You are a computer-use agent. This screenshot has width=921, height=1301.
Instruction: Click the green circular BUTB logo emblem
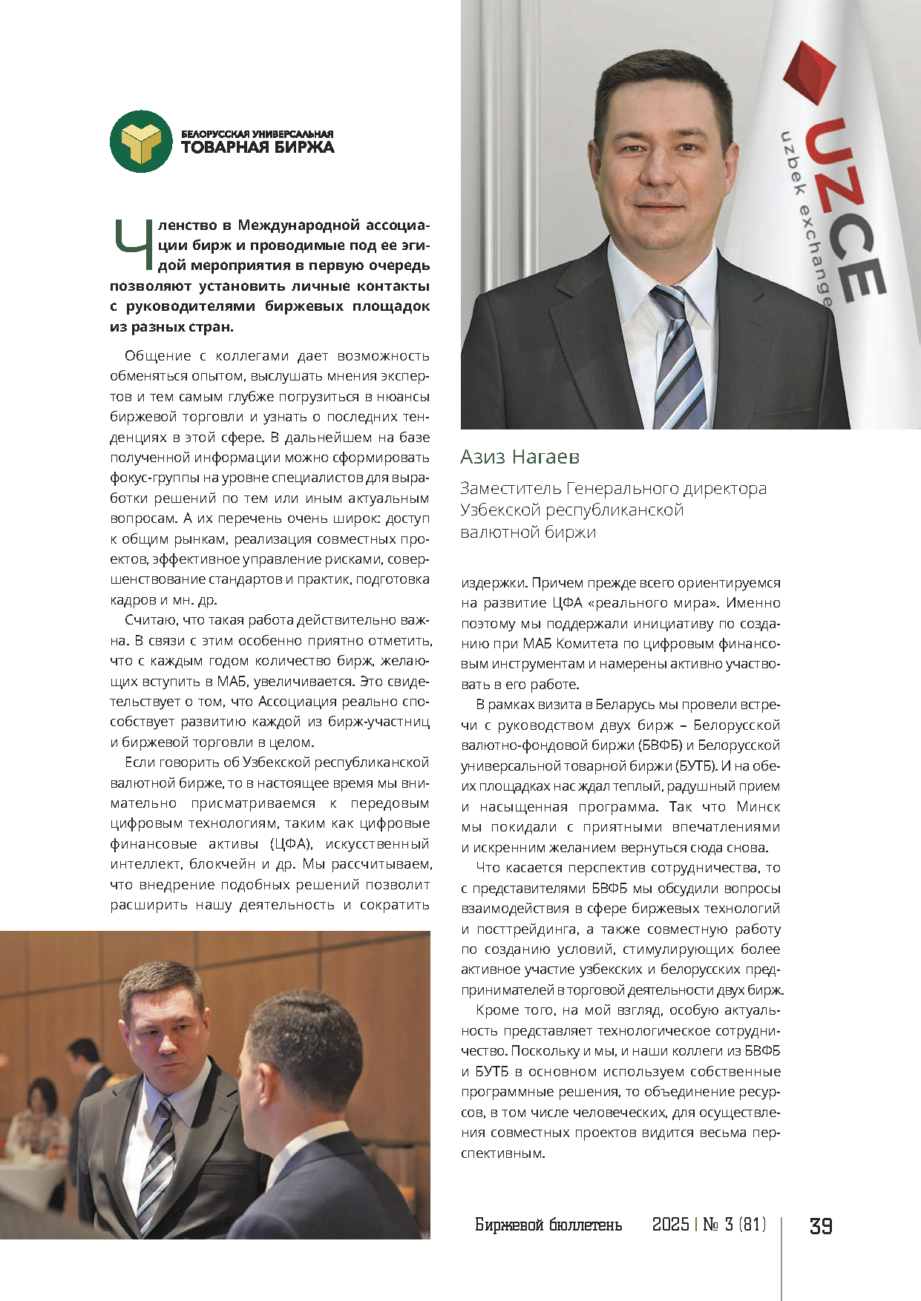[141, 142]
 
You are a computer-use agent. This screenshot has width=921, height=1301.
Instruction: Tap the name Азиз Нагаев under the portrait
[520, 457]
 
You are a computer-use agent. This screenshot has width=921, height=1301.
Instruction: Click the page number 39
[820, 1226]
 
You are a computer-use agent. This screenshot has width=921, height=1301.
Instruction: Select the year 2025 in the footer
[670, 1225]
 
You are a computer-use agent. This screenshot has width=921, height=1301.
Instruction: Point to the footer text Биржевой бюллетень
[548, 1225]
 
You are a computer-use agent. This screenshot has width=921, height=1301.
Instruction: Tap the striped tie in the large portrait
[677, 356]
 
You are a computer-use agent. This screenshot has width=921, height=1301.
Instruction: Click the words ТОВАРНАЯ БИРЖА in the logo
[258, 147]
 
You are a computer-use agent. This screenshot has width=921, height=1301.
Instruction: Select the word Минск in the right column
[758, 807]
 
